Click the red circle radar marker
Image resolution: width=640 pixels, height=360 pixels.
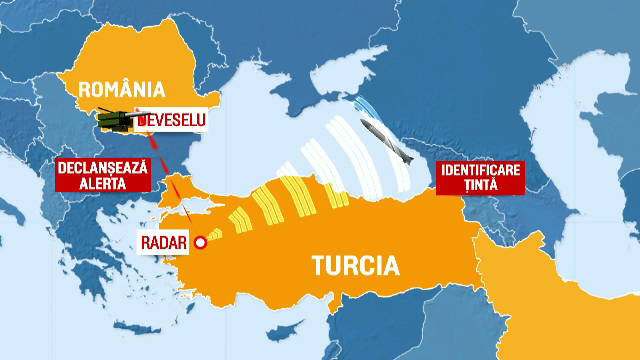click(200, 241)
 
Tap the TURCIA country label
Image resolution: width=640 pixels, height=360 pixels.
click(354, 266)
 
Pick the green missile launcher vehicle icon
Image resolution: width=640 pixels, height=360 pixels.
click(118, 120)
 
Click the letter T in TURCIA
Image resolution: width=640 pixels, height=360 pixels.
click(317, 266)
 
